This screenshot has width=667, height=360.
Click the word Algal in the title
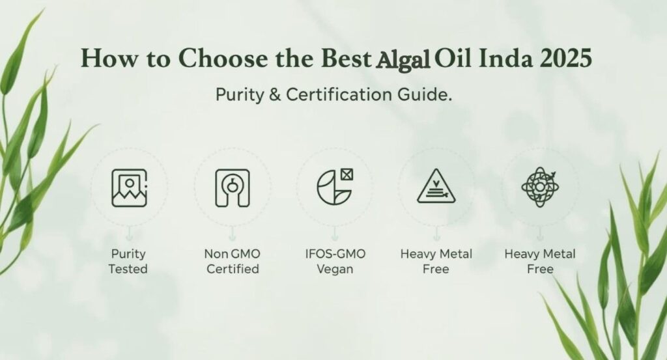coord(403,59)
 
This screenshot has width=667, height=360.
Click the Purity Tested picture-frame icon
coord(128,187)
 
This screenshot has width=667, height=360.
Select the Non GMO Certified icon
coord(232,187)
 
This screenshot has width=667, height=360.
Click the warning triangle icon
coord(436,189)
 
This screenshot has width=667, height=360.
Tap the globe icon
coord(539,187)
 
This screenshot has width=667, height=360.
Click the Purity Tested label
coord(128,261)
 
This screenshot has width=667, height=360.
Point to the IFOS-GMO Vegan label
coord(334,261)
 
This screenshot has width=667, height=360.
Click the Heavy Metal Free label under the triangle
coord(436,261)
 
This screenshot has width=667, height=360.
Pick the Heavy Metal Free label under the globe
coord(539,261)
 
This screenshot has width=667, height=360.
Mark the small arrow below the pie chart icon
coord(334,231)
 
